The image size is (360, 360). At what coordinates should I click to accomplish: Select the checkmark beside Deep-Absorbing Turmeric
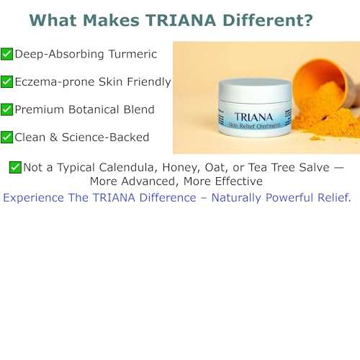pyautogui.click(x=6, y=54)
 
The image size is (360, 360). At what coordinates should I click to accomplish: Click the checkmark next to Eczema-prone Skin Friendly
pyautogui.click(x=6, y=81)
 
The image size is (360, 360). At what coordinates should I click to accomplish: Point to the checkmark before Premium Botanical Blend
pyautogui.click(x=6, y=109)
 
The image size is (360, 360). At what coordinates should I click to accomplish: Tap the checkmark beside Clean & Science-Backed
pyautogui.click(x=6, y=137)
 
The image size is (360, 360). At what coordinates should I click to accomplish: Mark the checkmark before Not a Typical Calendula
pyautogui.click(x=14, y=167)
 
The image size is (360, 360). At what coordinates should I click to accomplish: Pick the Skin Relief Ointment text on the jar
pyautogui.click(x=254, y=128)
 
